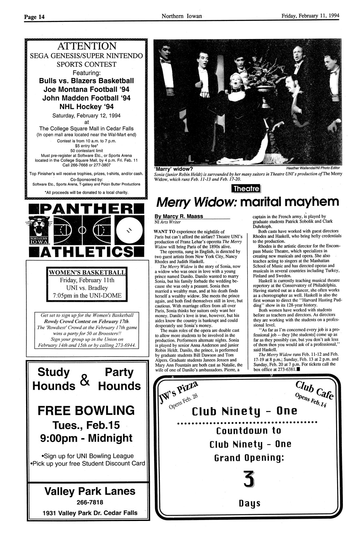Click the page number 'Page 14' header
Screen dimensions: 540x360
coord(34,16)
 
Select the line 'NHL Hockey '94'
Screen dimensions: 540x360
coord(86,106)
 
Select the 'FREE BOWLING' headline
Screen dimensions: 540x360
coord(86,410)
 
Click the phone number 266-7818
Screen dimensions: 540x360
coord(90,502)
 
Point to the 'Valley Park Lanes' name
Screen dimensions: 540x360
coord(90,491)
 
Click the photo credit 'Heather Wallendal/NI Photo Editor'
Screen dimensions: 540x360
coord(312,168)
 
